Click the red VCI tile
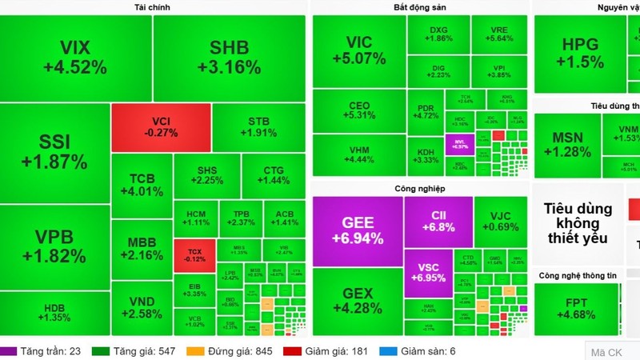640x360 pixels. (x=161, y=127)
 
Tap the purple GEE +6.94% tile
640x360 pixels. (x=358, y=231)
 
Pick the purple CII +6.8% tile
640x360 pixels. (x=438, y=221)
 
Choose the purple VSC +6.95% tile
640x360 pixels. (x=438, y=273)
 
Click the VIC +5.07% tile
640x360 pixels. (x=358, y=51)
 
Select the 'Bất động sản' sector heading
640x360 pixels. (x=419, y=7)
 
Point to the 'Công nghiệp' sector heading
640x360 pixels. (x=419, y=189)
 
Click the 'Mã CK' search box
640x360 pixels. (x=612, y=351)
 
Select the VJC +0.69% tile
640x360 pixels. (x=502, y=222)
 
